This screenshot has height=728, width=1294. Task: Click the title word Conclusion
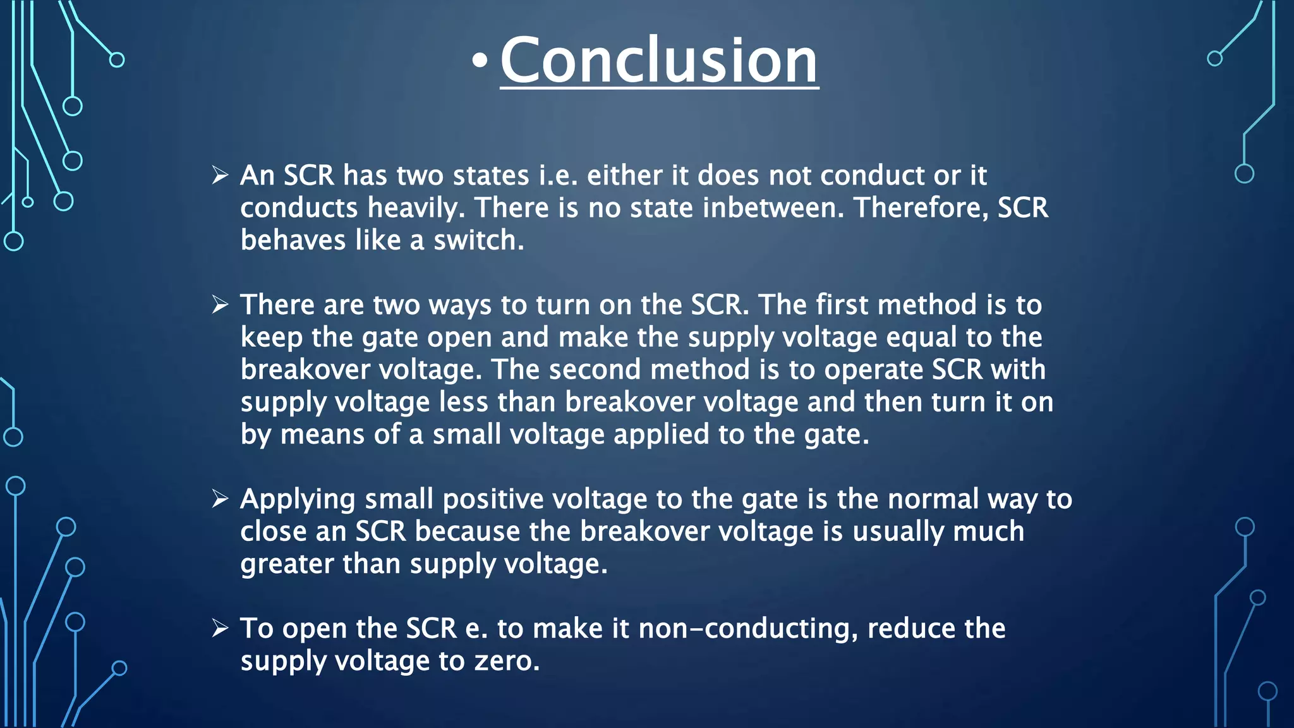[659, 61]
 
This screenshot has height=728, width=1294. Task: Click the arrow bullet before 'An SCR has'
[220, 175]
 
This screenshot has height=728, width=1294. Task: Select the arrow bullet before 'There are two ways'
[220, 305]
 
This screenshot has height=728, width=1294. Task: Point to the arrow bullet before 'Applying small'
[220, 499]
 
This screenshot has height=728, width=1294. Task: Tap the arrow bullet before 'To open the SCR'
[220, 628]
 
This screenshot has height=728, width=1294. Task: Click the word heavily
[416, 209]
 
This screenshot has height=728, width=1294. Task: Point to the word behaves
[293, 240]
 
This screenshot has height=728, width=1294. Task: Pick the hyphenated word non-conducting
[748, 629]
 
